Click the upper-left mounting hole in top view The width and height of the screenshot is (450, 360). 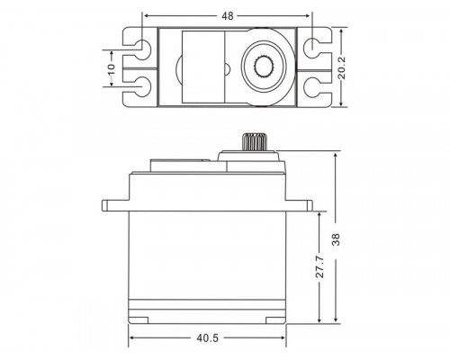[x=141, y=45]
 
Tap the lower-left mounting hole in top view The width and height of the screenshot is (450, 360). [x=141, y=87]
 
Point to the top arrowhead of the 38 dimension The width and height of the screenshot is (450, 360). [x=335, y=157]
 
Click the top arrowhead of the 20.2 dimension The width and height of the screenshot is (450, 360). [x=346, y=29]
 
